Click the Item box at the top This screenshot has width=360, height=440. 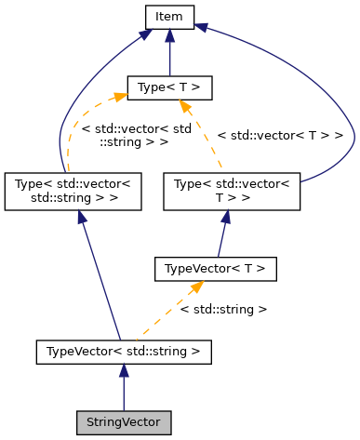168,16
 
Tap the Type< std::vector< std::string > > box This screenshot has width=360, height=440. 73,190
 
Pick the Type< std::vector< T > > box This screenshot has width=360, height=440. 233,190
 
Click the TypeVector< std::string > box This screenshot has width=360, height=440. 123,352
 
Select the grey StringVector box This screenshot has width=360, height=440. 123,422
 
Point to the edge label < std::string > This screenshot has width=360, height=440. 223,309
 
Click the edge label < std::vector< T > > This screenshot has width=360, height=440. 280,136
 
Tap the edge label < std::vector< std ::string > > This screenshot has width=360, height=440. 124,136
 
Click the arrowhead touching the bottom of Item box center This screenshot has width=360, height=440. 168,34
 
